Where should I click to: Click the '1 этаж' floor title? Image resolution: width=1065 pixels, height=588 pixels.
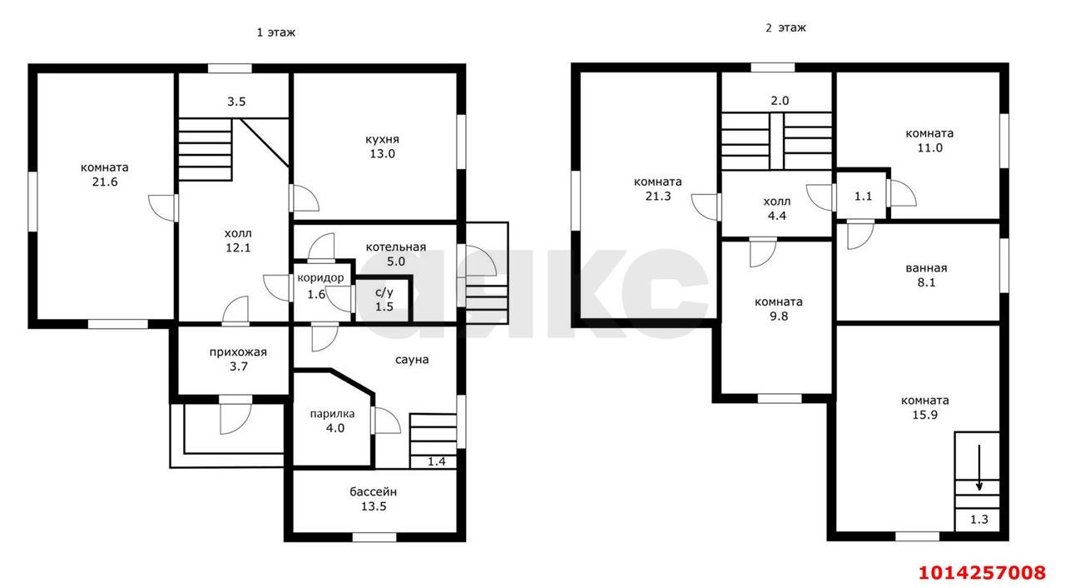pos(275,32)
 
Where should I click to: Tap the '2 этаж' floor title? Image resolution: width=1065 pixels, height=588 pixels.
pos(785,28)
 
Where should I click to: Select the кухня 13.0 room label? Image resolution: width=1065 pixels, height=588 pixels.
pos(382,147)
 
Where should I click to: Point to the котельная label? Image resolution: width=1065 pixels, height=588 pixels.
pos(395,247)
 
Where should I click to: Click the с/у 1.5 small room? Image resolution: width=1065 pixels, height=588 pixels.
pos(384,300)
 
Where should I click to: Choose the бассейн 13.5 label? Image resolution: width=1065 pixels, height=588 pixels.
pos(374,499)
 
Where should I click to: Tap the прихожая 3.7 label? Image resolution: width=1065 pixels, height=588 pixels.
pos(238,359)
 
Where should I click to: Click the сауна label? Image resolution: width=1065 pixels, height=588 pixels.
pos(412,360)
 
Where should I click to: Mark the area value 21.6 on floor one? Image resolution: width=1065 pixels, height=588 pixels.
pos(105,182)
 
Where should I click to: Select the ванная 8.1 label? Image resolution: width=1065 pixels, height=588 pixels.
pos(926,276)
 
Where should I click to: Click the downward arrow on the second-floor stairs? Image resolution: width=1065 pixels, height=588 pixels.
pos(979,467)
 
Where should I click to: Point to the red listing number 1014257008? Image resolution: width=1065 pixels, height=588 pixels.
pos(983,572)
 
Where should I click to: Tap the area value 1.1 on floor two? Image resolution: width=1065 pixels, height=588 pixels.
pos(863,197)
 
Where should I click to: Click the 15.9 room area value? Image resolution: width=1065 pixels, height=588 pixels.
pos(924,416)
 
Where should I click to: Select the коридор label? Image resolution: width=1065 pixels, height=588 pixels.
pos(320,278)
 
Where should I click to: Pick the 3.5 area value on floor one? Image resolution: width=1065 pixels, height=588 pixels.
pos(236,102)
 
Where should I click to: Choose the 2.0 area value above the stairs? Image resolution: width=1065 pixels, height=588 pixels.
pos(780,101)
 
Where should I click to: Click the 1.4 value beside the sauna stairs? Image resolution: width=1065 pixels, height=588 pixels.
pos(437,461)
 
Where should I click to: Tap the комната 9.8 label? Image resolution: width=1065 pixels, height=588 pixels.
pos(779,309)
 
